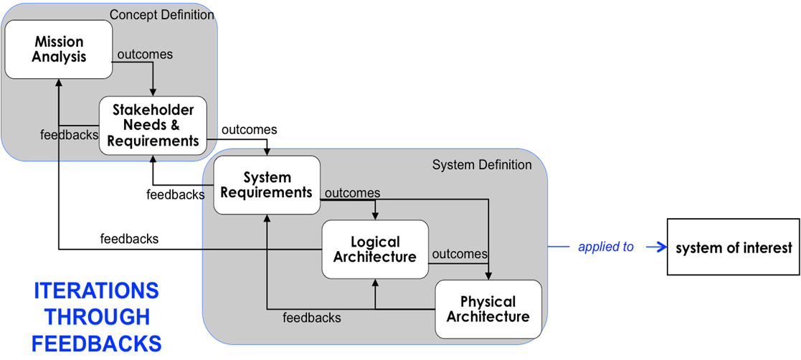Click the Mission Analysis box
click(59, 49)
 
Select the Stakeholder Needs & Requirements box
click(153, 125)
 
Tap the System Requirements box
click(267, 185)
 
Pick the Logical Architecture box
click(375, 249)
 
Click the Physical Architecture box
click(488, 308)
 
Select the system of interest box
click(734, 247)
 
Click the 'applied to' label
click(606, 247)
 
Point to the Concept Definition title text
click(161, 14)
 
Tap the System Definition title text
click(482, 165)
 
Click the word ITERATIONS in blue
click(96, 290)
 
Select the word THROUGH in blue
click(96, 316)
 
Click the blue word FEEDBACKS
click(96, 343)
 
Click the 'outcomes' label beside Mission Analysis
click(145, 55)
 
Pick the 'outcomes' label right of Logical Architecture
click(460, 254)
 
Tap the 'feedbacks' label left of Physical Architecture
click(311, 317)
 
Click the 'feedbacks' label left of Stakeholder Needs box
click(70, 134)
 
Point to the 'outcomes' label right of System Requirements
click(352, 193)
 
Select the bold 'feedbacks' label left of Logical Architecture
click(129, 239)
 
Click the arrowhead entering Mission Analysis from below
click(59, 83)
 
